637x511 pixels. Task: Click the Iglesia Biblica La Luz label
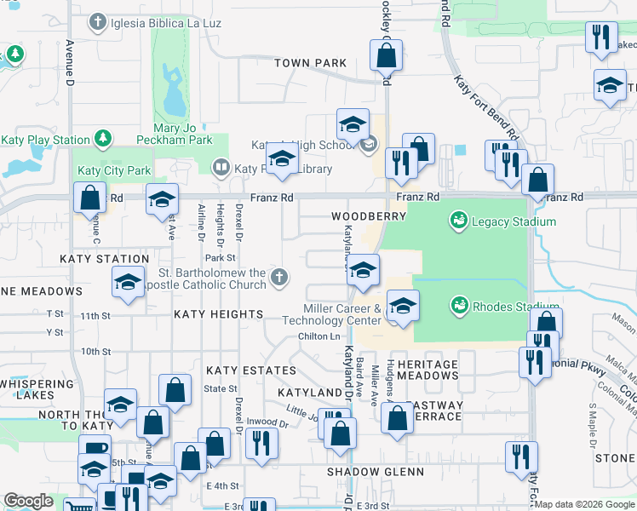coord(165,22)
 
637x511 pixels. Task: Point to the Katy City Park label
coord(114,170)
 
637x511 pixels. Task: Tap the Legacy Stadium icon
coord(458,221)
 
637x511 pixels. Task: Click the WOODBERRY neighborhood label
coord(369,217)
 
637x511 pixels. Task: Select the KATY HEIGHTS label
coord(219,314)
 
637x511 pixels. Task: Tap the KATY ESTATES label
coord(251,370)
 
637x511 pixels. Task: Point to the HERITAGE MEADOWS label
coord(428,370)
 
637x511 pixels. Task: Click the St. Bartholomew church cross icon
coord(278,277)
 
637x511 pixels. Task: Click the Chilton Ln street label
coord(319,336)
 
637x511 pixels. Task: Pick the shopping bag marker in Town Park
coord(386,56)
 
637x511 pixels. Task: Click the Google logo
coord(28,502)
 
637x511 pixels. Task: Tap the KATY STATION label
coord(105,259)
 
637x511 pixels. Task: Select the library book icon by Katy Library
coord(221,168)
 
